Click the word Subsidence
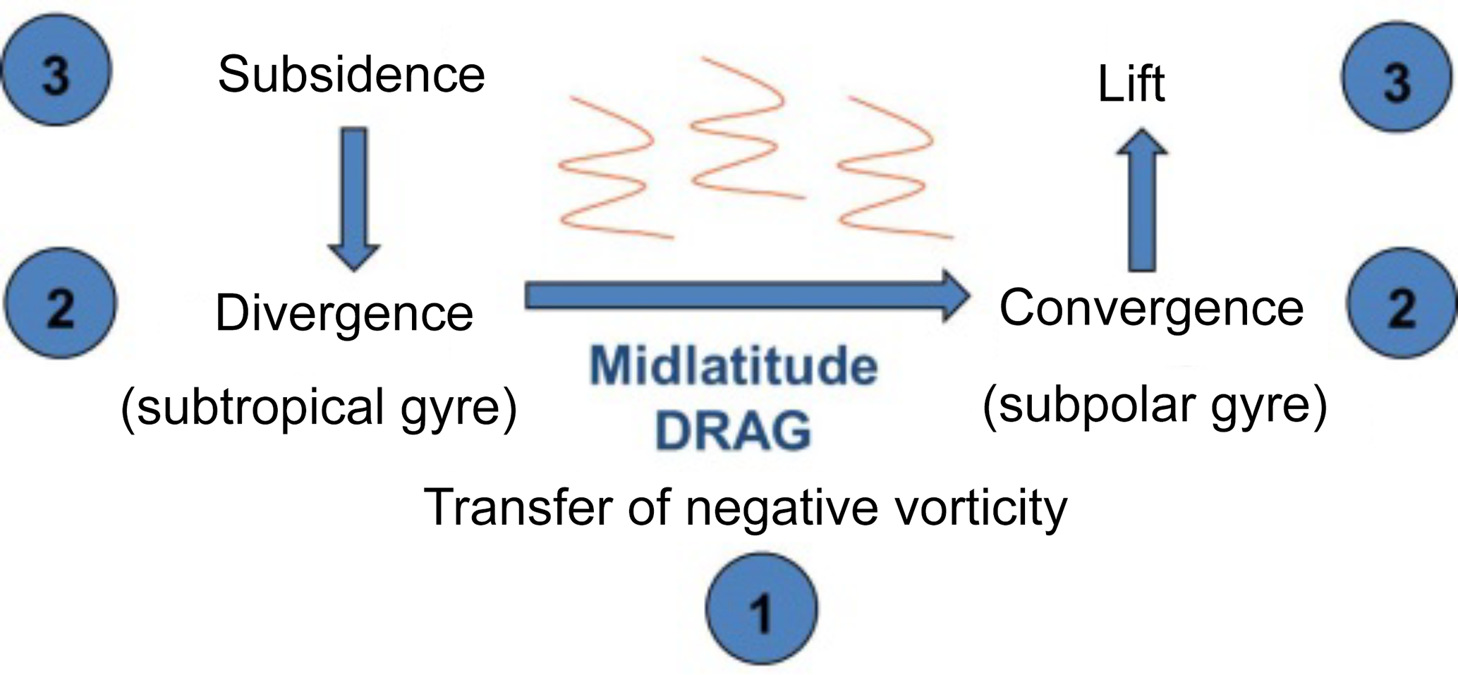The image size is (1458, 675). [351, 75]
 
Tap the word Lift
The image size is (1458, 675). [1131, 84]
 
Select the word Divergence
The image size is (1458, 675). [344, 313]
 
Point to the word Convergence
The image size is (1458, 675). [1151, 308]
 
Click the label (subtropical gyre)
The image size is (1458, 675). [319, 407]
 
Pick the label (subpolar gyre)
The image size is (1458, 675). [1155, 405]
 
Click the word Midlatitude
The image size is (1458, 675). [734, 366]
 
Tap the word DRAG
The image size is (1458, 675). [734, 430]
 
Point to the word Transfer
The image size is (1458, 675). [519, 506]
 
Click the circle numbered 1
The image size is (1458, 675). [762, 609]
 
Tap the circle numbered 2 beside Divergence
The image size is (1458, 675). [60, 304]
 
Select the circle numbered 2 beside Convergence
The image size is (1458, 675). [1401, 304]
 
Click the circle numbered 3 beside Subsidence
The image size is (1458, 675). [57, 71]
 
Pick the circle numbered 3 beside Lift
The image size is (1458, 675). [1397, 78]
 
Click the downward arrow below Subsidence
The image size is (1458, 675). [354, 197]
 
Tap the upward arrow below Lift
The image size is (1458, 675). [1141, 201]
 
